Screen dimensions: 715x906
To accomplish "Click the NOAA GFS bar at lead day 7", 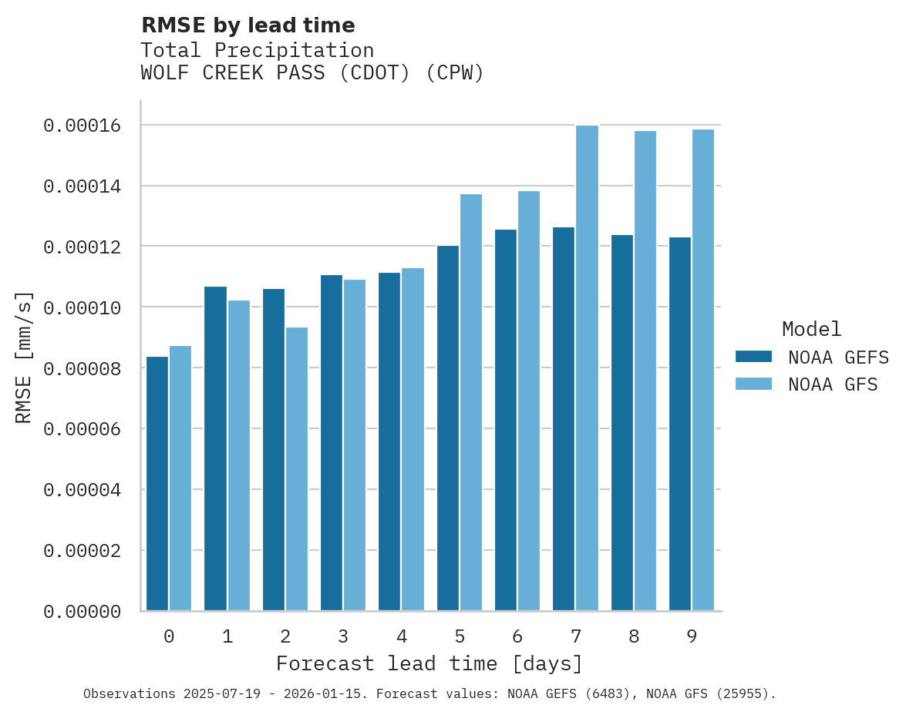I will click(587, 368).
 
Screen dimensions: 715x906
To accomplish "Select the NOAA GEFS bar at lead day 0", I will click(157, 484).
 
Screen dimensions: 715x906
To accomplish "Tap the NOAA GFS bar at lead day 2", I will click(297, 469).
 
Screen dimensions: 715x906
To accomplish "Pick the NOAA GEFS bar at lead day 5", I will click(448, 428).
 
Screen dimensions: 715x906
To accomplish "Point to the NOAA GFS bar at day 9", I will click(703, 370).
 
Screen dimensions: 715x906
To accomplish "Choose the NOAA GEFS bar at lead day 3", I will click(332, 443).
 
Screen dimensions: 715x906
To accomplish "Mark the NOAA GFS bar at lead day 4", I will click(413, 439).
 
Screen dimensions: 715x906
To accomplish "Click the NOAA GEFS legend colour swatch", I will click(753, 356).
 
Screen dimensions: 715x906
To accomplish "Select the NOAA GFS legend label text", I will click(833, 384).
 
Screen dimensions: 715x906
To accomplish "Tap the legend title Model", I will click(811, 329).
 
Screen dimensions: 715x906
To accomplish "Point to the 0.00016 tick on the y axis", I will click(82, 126).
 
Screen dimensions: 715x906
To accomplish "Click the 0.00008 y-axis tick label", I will click(82, 368).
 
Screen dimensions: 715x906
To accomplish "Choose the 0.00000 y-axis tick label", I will click(82, 612).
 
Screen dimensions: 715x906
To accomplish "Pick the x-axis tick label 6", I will click(517, 636).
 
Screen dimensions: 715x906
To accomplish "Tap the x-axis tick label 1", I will click(227, 636).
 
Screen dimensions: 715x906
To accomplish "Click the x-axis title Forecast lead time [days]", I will click(429, 663).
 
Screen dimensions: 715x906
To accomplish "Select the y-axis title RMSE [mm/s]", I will click(24, 357).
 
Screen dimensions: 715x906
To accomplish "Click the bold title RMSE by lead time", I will click(248, 25).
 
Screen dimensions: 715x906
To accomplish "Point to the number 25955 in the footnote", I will click(742, 694).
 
